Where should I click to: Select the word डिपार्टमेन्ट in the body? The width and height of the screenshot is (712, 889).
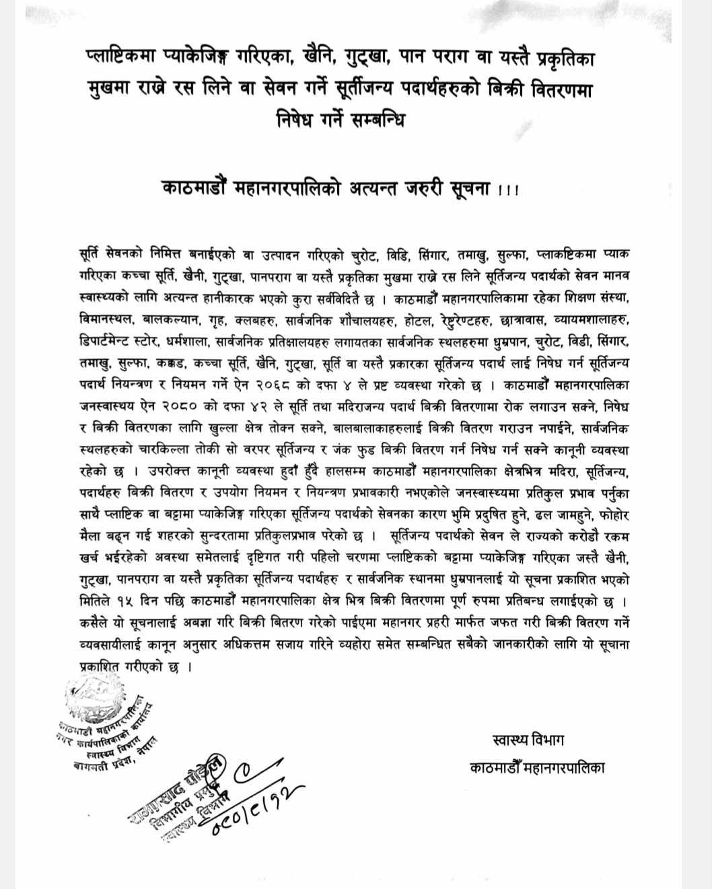(113, 342)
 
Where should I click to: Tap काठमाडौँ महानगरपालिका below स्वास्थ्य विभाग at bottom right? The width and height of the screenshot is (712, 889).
(536, 767)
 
